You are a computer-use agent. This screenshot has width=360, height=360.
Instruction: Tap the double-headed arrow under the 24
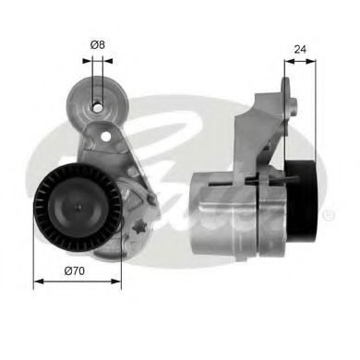299,61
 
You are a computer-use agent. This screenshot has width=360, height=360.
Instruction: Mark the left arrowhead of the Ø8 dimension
86,61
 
